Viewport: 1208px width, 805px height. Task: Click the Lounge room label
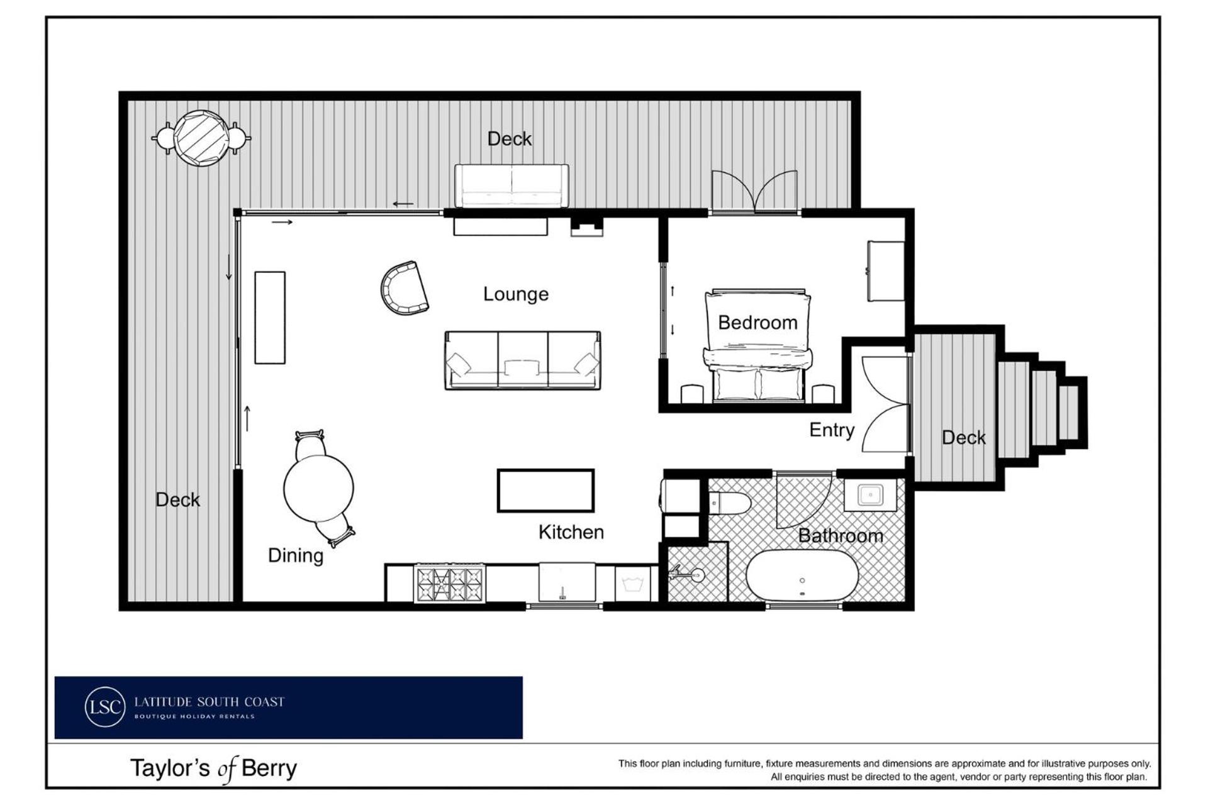point(516,294)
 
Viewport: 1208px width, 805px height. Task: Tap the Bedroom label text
point(758,323)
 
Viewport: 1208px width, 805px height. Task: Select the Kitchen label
point(571,532)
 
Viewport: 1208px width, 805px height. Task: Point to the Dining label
point(296,556)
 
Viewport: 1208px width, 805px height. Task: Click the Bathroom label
point(841,536)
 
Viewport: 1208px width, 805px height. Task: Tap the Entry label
point(832,430)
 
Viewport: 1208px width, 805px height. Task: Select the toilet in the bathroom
point(730,502)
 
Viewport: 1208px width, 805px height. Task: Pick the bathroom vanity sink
point(870,495)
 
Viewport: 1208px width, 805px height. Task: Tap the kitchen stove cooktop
point(449,584)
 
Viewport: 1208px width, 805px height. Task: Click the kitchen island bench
point(545,491)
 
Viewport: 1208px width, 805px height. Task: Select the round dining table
point(318,487)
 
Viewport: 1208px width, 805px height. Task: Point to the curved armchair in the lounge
point(403,289)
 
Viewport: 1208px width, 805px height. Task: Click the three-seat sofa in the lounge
point(522,360)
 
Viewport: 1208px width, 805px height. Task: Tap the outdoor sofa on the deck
point(512,186)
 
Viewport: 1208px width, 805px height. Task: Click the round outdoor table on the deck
point(201,138)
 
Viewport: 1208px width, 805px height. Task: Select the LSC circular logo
point(105,707)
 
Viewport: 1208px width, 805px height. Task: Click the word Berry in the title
point(269,769)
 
